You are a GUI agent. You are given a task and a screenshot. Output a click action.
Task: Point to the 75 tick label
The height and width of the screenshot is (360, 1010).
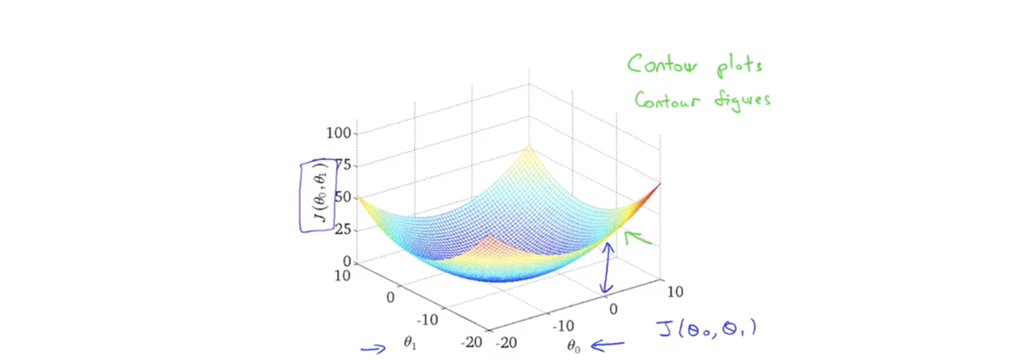tap(342, 165)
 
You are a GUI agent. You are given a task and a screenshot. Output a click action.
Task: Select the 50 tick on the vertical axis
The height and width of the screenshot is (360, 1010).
tap(342, 197)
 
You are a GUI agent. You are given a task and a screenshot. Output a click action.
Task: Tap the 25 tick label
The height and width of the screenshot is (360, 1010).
tap(342, 230)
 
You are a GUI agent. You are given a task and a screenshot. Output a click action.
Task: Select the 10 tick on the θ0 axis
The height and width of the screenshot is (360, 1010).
tap(674, 292)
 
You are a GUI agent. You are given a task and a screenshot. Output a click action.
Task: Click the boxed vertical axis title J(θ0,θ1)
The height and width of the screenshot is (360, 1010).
tap(318, 195)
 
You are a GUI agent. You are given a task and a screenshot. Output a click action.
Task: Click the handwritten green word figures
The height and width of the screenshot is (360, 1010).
tap(741, 100)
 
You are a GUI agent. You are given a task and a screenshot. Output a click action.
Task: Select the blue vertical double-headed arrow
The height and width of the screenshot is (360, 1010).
tap(606, 269)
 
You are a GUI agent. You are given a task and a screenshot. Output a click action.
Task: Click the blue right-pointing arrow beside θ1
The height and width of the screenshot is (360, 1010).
tap(373, 349)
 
